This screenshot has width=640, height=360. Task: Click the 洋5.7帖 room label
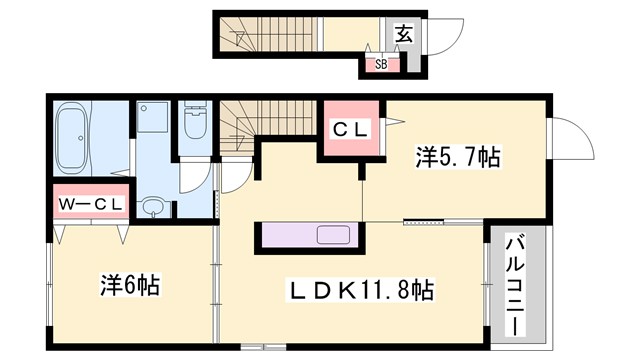(x=457, y=157)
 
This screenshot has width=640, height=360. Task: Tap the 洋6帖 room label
(x=131, y=283)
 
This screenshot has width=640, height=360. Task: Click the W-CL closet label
(x=91, y=205)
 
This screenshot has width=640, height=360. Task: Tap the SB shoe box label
(x=381, y=65)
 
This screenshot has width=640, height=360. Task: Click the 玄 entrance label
(x=403, y=32)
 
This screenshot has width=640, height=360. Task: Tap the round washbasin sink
(x=152, y=207)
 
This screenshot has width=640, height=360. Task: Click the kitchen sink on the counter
(x=333, y=236)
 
